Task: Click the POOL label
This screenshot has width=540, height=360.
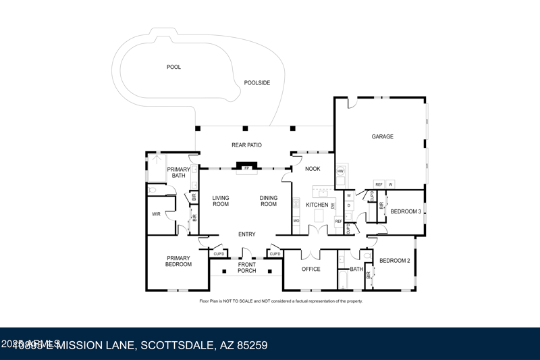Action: (x=173, y=67)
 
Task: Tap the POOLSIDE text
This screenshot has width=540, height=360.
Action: (x=257, y=83)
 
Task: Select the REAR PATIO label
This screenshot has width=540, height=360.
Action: (x=246, y=145)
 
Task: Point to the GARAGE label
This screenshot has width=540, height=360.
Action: (x=382, y=136)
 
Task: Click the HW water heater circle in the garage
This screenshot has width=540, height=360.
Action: (x=340, y=172)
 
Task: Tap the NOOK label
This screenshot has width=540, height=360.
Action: (x=313, y=169)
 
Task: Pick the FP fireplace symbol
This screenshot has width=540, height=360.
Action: (x=246, y=168)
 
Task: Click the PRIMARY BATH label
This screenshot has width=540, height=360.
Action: (x=178, y=173)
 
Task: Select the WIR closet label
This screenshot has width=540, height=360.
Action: (x=156, y=214)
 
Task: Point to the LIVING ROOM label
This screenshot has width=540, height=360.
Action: (x=221, y=201)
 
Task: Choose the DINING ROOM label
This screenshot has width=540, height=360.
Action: (x=269, y=201)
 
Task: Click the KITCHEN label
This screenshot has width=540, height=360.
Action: (x=317, y=205)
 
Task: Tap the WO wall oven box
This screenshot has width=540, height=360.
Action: (x=296, y=221)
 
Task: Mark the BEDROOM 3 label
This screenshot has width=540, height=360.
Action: (x=406, y=211)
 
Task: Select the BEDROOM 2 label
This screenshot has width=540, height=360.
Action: (x=394, y=261)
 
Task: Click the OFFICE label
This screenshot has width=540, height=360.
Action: (x=310, y=269)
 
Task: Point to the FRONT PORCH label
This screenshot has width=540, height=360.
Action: (x=246, y=267)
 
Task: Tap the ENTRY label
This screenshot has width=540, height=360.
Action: (x=246, y=234)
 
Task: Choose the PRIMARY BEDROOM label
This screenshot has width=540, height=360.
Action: (x=179, y=261)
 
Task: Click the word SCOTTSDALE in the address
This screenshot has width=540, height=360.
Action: (x=176, y=345)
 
